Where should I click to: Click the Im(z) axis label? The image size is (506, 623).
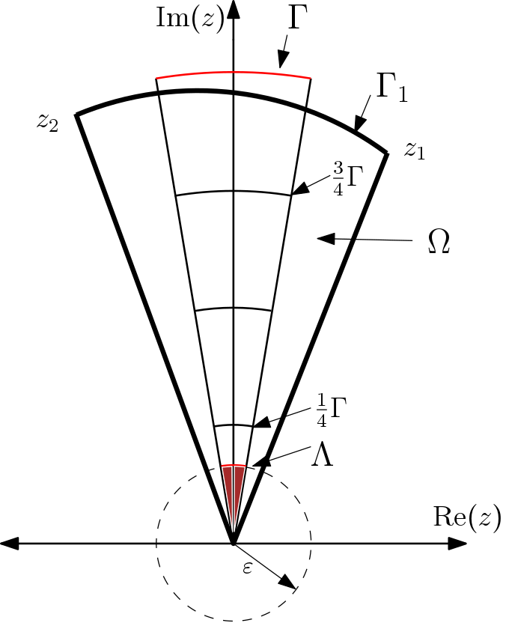tap(189, 18)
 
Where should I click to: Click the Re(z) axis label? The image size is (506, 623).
tap(467, 516)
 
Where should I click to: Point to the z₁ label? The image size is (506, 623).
tap(415, 150)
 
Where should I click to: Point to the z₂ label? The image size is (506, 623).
tap(47, 122)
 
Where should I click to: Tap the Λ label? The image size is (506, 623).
tap(323, 455)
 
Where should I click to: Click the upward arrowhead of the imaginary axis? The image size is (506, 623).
tap(234, 9)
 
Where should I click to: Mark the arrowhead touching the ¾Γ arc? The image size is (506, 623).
tap(299, 191)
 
